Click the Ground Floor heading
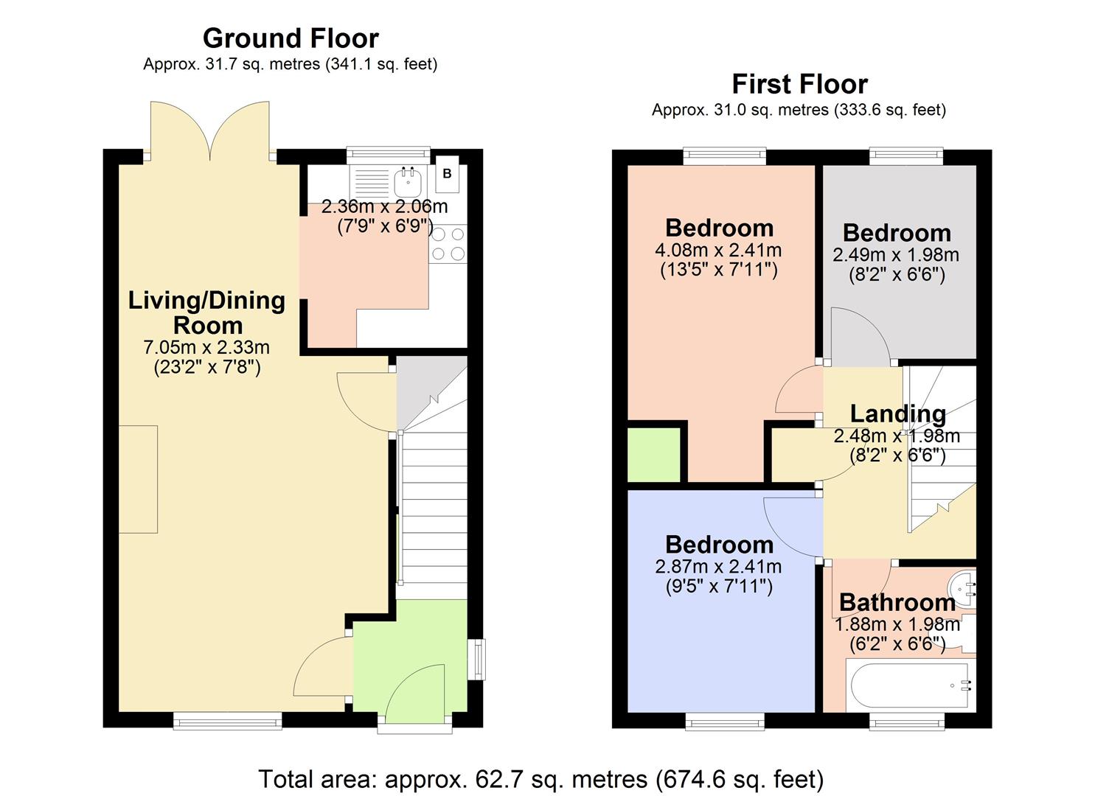coord(291,38)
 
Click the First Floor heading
coord(799,84)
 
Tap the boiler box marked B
coord(447,175)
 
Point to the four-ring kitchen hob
coord(448,244)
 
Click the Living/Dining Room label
coord(207,313)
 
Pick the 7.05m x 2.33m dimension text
coord(207,347)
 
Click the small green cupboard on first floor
coord(653,455)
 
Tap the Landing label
coord(897,414)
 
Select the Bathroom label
coord(897,603)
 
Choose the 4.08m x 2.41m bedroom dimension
coord(718,251)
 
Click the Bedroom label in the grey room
coord(897,233)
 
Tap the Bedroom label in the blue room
coord(719,545)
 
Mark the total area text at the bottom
coord(540,779)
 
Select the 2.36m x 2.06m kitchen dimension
coord(384,207)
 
